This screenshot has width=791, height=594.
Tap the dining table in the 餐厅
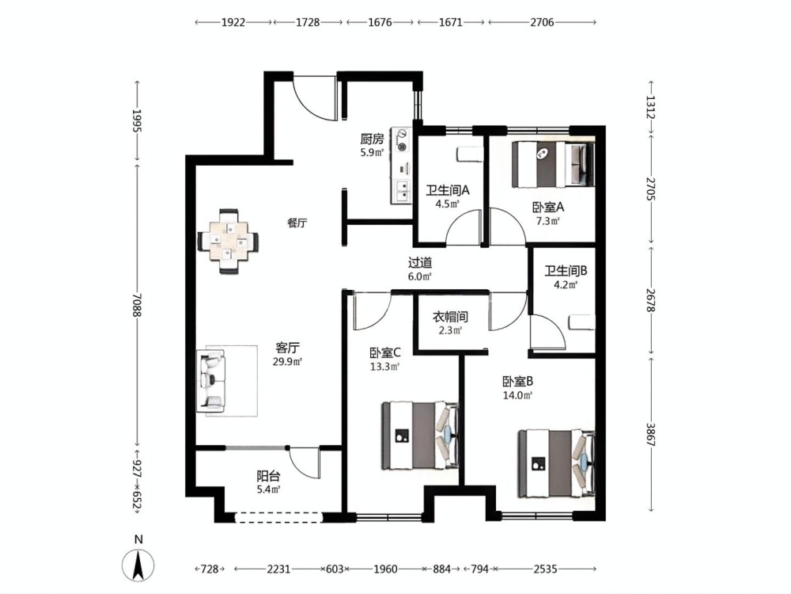click(x=229, y=242)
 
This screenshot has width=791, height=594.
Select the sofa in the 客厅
click(x=213, y=381)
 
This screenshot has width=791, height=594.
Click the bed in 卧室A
click(x=554, y=165)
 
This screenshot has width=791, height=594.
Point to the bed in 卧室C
click(x=420, y=434)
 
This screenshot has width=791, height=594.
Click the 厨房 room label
click(x=373, y=139)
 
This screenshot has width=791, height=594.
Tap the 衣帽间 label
click(x=450, y=317)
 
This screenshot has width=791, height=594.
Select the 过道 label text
click(x=420, y=263)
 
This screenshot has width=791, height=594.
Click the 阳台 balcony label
click(x=268, y=476)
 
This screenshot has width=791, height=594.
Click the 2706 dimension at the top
click(x=543, y=22)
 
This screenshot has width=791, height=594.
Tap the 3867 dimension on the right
click(x=651, y=434)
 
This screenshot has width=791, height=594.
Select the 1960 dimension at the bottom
click(x=385, y=569)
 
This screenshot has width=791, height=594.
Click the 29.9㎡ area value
click(x=287, y=361)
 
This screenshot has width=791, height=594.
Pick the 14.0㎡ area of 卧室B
click(x=517, y=395)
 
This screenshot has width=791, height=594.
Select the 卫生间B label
click(x=566, y=271)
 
